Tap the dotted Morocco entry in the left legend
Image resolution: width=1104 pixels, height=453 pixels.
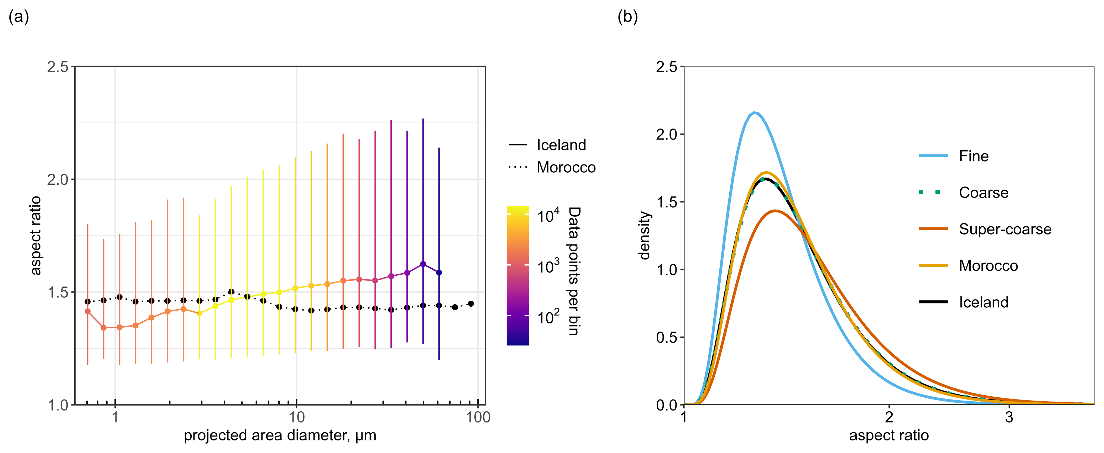click(x=566, y=167)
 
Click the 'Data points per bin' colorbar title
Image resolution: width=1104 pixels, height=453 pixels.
click(x=574, y=271)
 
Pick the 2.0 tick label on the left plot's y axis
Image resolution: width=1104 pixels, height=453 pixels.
click(x=58, y=179)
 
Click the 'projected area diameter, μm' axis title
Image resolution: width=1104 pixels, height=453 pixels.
click(x=280, y=435)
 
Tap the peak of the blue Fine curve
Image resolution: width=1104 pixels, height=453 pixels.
click(x=755, y=113)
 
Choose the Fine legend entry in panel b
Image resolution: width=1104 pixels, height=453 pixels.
click(x=973, y=156)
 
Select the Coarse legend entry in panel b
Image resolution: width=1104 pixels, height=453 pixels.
click(x=983, y=193)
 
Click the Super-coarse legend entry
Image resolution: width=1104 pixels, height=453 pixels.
click(x=1004, y=229)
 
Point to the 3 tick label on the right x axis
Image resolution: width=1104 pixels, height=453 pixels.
click(x=1009, y=417)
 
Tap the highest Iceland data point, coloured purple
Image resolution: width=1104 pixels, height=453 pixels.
click(x=423, y=264)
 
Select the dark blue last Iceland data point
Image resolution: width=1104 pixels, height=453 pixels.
click(x=439, y=272)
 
